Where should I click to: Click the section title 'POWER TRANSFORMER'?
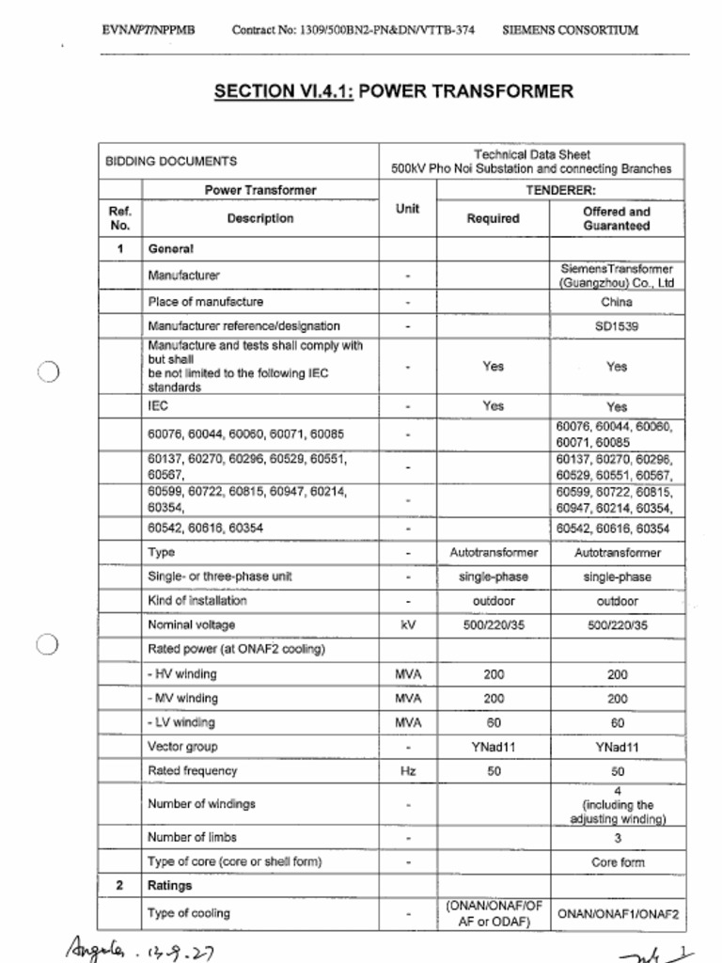pyautogui.click(x=466, y=91)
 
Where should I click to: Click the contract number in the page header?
pyautogui.click(x=353, y=30)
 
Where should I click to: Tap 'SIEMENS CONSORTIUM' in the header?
pyautogui.click(x=570, y=30)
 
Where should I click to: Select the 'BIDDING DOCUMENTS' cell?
pyautogui.click(x=171, y=162)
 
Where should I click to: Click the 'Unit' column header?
pyautogui.click(x=407, y=209)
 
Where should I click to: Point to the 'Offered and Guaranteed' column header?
pyautogui.click(x=616, y=219)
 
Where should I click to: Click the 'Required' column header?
pyautogui.click(x=493, y=219)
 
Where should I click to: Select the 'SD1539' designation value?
pyautogui.click(x=616, y=326)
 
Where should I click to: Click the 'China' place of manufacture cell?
pyautogui.click(x=616, y=302)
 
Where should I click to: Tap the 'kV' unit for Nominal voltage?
pyautogui.click(x=407, y=625)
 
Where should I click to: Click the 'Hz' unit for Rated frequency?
pyautogui.click(x=407, y=771)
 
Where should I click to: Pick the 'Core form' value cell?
pyautogui.click(x=617, y=861)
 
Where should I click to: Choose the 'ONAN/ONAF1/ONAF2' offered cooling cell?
pyautogui.click(x=617, y=913)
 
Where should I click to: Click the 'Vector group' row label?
pyautogui.click(x=182, y=747)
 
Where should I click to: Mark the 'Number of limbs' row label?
pyautogui.click(x=192, y=837)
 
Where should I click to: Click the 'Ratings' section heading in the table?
pyautogui.click(x=169, y=886)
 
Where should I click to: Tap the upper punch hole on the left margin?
pyautogui.click(x=49, y=371)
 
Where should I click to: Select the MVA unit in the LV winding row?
pyautogui.click(x=407, y=722)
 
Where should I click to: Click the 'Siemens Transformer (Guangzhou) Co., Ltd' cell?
pyautogui.click(x=616, y=276)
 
